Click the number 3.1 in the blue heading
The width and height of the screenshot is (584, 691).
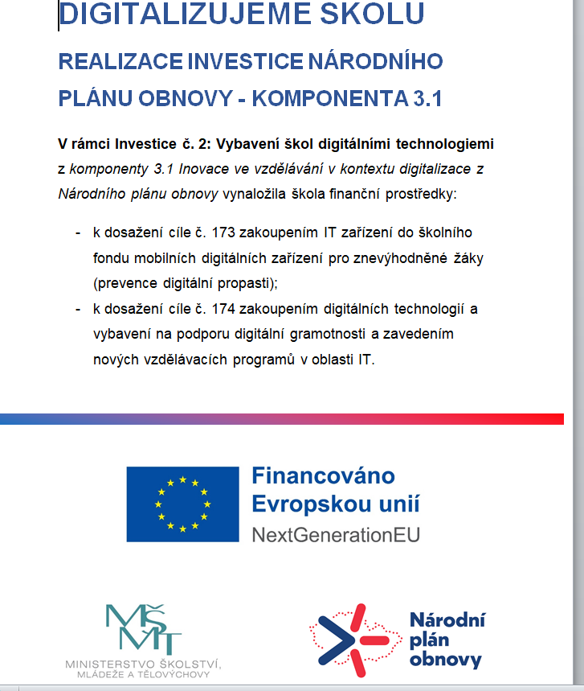[427, 99]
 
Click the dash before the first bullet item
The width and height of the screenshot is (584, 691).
[78, 232]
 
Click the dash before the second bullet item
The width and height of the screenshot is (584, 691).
[78, 309]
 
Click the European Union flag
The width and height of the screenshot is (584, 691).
[182, 504]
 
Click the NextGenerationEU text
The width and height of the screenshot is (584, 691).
[335, 534]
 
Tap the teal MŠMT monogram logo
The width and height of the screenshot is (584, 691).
[145, 628]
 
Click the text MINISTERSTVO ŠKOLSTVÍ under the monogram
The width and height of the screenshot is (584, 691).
[144, 664]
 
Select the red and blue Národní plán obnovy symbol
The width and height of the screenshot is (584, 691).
[355, 637]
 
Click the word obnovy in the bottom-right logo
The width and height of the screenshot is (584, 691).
[445, 660]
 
